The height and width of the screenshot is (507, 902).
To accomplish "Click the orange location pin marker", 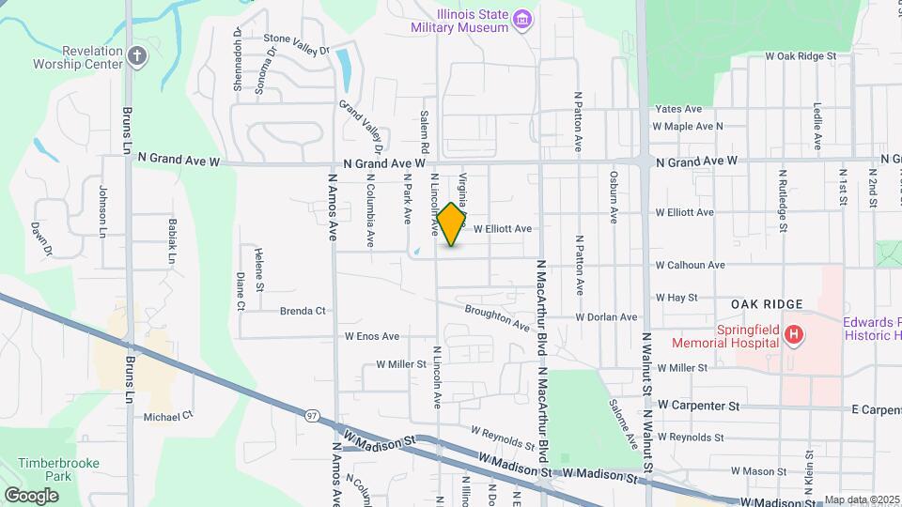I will (452, 224).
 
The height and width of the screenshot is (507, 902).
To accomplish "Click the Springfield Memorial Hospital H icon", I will (795, 335).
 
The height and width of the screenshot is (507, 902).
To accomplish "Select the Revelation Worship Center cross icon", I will (137, 55).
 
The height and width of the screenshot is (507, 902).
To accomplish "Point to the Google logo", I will (32, 495).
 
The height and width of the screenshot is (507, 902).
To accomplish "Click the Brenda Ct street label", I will (303, 311).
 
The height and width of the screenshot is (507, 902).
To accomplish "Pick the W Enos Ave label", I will (372, 336).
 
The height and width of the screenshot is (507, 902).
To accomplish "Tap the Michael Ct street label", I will (168, 415).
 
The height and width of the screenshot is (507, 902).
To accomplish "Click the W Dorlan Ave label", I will (607, 317).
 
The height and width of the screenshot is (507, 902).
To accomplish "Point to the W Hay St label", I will (676, 298).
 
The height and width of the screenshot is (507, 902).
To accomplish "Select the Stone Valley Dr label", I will (297, 44).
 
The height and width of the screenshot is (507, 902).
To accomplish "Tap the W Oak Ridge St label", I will (801, 56).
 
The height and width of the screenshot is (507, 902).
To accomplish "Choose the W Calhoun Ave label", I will (690, 266).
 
